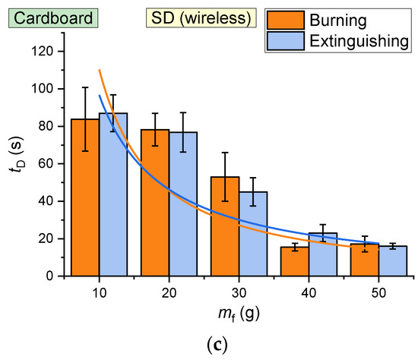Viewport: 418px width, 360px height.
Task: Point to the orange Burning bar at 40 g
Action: (296, 261)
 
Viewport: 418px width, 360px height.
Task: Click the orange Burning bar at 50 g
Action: (366, 261)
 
